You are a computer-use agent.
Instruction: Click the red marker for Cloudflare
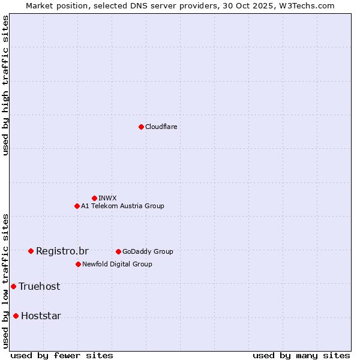click(141, 127)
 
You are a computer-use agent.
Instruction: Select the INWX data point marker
click(94, 198)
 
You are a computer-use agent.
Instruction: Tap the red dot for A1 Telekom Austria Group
click(77, 206)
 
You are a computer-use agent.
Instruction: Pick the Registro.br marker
click(31, 251)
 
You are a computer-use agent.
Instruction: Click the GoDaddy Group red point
click(118, 251)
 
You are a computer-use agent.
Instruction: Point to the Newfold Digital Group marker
click(78, 264)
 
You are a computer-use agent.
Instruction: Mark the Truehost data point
click(13, 286)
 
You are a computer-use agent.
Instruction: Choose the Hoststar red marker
click(16, 316)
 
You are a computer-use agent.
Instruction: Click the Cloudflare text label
click(161, 127)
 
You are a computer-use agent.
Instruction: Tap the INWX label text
click(107, 198)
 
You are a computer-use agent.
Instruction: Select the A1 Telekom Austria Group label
click(122, 206)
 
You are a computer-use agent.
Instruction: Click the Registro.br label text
click(62, 251)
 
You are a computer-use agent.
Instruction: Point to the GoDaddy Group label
click(148, 251)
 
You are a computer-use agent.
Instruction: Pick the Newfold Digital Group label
click(117, 264)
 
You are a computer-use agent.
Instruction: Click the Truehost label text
click(39, 286)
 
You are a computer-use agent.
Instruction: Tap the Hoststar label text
click(41, 316)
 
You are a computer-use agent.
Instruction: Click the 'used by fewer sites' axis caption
click(62, 355)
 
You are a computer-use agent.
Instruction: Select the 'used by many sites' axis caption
click(301, 355)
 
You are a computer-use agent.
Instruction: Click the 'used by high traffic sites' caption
click(5, 85)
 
